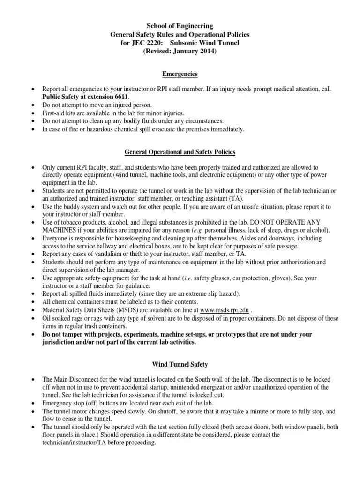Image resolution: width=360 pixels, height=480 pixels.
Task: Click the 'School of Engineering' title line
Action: pos(180,26)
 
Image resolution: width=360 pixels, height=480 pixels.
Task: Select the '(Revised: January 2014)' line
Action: pos(180,52)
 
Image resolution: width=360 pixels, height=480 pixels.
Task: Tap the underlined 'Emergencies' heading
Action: pos(180,74)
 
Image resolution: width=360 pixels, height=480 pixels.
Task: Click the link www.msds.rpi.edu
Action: pos(224,310)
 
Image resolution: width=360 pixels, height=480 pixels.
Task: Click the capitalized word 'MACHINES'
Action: pos(58,230)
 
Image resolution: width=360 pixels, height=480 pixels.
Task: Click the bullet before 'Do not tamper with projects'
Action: pos(32,335)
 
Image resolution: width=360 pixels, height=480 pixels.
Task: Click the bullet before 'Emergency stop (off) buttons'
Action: pos(32,403)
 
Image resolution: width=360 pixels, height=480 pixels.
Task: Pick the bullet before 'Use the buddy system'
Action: pos(32,206)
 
